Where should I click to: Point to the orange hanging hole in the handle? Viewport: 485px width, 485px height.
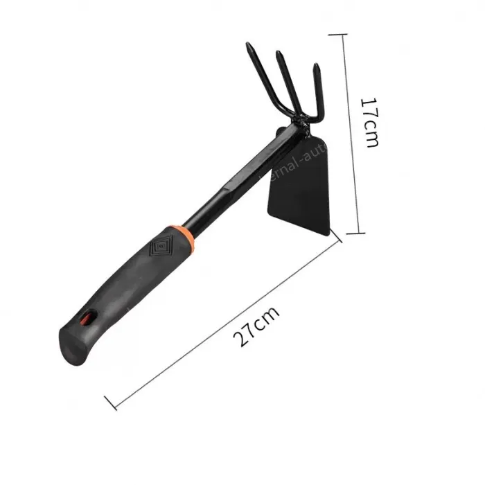tap(86, 319)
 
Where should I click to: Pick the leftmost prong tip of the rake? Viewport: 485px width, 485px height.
tap(248, 48)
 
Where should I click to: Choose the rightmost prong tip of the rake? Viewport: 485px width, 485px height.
tap(316, 68)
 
